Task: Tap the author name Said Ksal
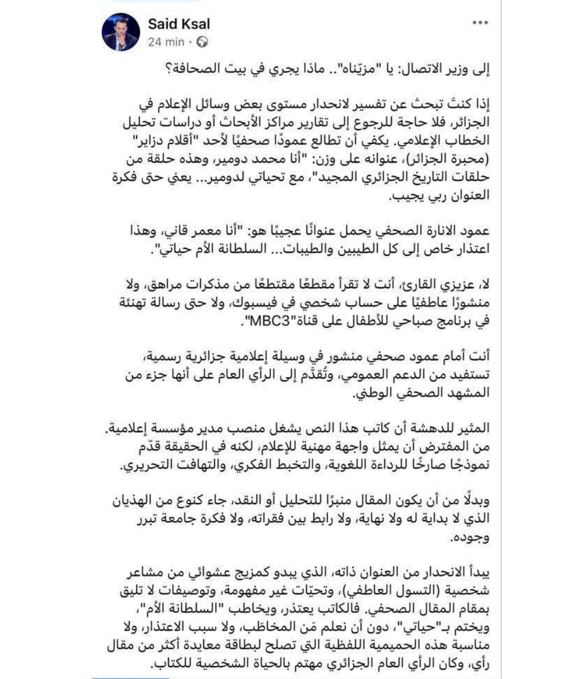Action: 179,24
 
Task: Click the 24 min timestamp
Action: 166,42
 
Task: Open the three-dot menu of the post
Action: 480,24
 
